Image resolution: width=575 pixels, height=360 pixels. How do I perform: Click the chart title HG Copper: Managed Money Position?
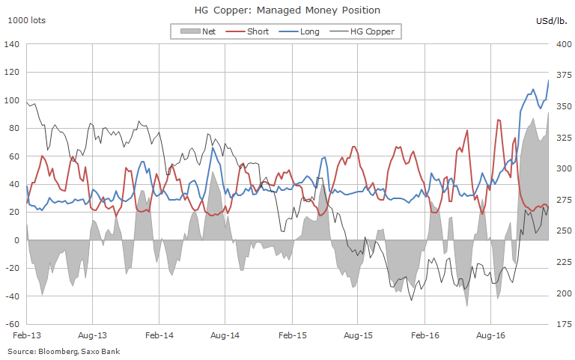click(x=287, y=10)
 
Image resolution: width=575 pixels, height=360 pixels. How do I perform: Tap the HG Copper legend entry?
click(x=365, y=31)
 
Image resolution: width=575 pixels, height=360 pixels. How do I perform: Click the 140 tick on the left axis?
click(x=11, y=44)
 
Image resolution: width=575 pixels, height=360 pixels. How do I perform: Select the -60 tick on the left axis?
click(x=11, y=324)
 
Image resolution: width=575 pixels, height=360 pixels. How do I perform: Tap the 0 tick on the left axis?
click(x=16, y=240)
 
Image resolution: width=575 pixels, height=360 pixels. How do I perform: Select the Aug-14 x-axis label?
click(x=224, y=337)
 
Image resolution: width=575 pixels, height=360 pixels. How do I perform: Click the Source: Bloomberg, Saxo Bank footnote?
click(x=64, y=351)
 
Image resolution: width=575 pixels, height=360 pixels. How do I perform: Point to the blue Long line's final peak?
click(x=549, y=80)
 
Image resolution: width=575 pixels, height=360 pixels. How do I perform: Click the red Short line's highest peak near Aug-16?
click(x=499, y=120)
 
